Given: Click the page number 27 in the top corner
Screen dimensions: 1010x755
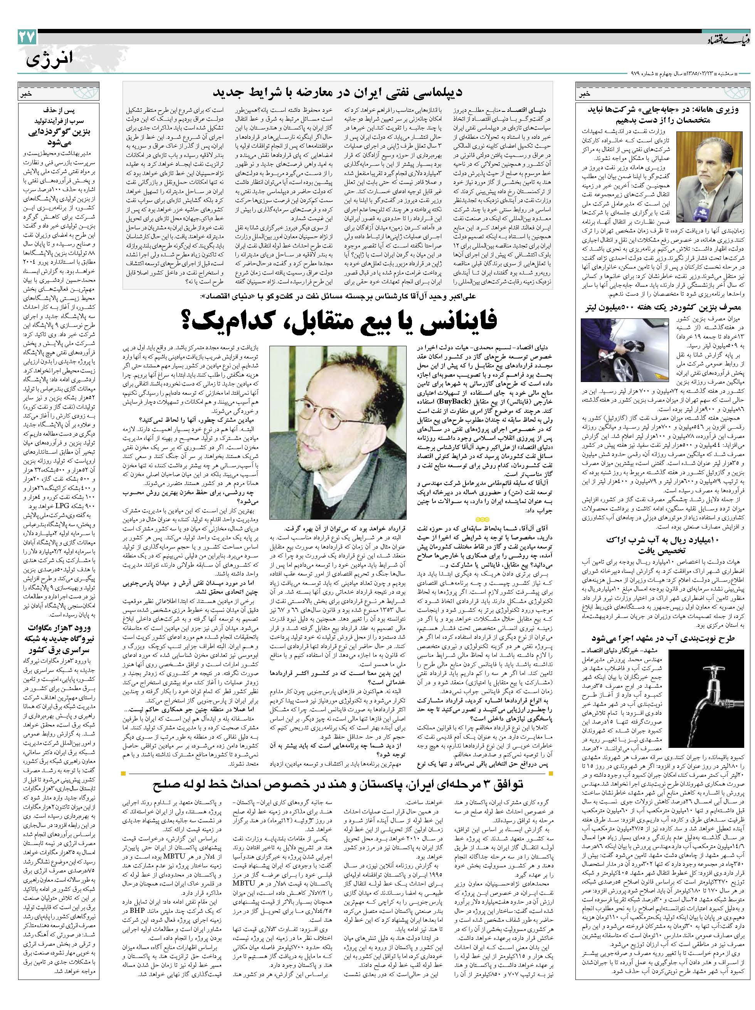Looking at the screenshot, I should coord(27,37).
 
